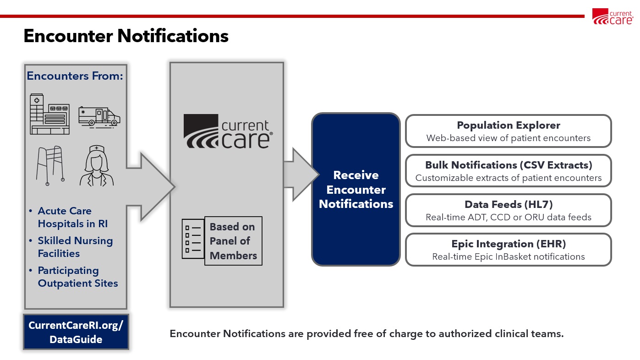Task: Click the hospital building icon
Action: pyautogui.click(x=50, y=114)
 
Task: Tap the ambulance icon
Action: pyautogui.click(x=99, y=116)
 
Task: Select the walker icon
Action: pyautogui.click(x=50, y=166)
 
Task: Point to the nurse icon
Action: pyautogui.click(x=97, y=166)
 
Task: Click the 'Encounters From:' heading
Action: pyautogui.click(x=75, y=76)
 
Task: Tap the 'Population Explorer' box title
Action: pyautogui.click(x=508, y=125)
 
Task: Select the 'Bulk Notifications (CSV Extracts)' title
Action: pyautogui.click(x=509, y=165)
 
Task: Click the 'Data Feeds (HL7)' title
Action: pyautogui.click(x=509, y=205)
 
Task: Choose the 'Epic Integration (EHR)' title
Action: pyautogui.click(x=509, y=244)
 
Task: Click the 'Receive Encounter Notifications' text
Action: pyautogui.click(x=356, y=190)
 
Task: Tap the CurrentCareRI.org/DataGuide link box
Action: pyautogui.click(x=76, y=332)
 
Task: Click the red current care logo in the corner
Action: pyautogui.click(x=613, y=16)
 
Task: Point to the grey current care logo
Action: pyautogui.click(x=228, y=131)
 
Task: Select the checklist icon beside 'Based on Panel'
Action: pyautogui.click(x=193, y=239)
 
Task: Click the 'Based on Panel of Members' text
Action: pyautogui.click(x=233, y=241)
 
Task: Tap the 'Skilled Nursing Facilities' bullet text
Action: pyautogui.click(x=76, y=247)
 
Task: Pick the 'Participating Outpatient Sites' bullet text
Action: pyautogui.click(x=78, y=277)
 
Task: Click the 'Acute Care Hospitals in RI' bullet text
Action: pyautogui.click(x=73, y=217)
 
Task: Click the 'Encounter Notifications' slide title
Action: pyautogui.click(x=126, y=36)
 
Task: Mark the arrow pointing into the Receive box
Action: pyautogui.click(x=301, y=175)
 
